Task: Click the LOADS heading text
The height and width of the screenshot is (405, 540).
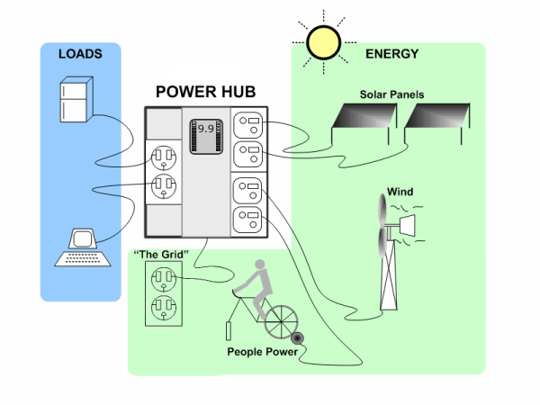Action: click(x=80, y=54)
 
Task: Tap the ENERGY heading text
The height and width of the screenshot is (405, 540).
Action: click(x=391, y=54)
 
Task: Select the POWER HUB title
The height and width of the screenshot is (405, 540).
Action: click(x=205, y=91)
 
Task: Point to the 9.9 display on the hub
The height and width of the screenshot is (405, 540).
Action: click(x=206, y=129)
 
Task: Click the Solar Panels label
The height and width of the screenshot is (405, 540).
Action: click(x=391, y=94)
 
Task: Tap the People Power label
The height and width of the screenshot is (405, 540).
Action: click(x=262, y=352)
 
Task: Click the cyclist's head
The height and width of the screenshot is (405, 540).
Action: click(x=260, y=267)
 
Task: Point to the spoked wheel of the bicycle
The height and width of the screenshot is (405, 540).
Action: click(x=281, y=318)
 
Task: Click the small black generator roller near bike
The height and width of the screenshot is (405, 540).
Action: click(x=297, y=338)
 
